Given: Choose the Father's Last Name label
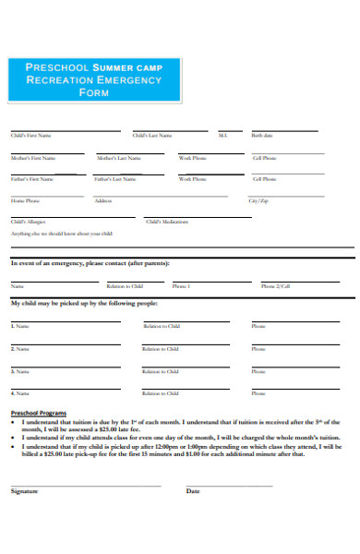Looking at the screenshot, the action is point(115,179).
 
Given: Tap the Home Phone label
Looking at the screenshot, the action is point(25,200).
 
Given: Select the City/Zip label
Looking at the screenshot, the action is point(258,200).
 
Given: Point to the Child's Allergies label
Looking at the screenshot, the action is point(27,222).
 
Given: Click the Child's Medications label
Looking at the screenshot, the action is point(167,222).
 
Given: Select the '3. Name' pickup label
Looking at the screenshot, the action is point(19,371).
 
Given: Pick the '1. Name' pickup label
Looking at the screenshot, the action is point(19,326).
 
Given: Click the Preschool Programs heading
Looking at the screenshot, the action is point(38,412).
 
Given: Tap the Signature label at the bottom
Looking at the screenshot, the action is point(24,491).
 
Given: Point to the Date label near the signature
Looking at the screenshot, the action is point(193,491).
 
